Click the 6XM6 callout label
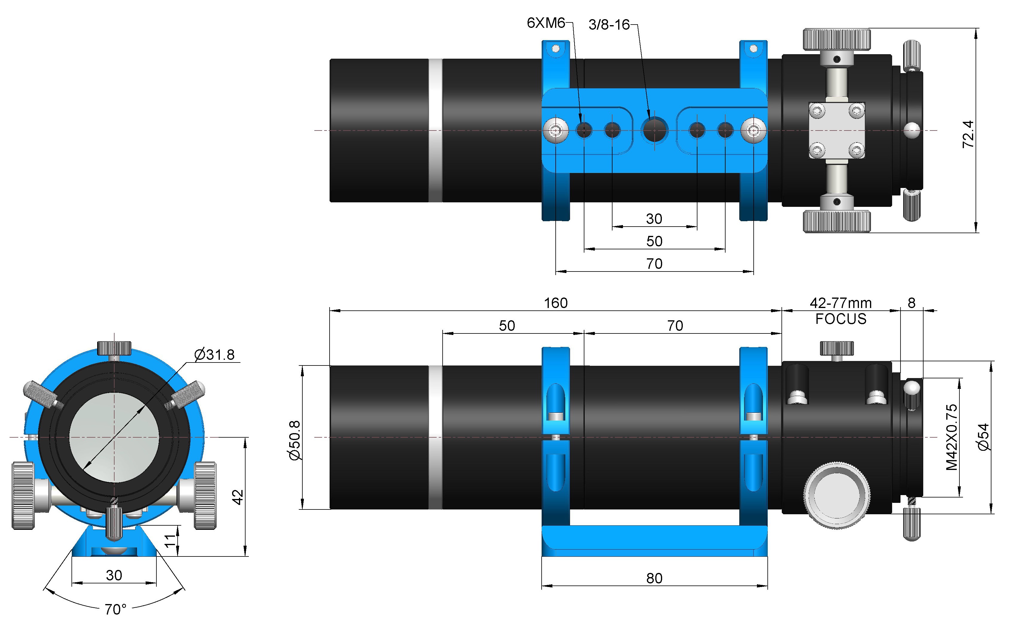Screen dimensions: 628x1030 pos(546,23)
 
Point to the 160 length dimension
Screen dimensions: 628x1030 pos(556,303)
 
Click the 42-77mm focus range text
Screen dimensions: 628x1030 pos(841,303)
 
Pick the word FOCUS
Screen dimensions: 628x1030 pos(841,319)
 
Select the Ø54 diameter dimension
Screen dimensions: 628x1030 pos(984,437)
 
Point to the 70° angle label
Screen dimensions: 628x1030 pos(115,609)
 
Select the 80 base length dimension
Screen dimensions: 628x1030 pos(654,578)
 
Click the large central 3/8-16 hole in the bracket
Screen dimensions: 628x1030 pos(655,130)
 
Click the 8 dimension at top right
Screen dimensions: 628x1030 pos(911,303)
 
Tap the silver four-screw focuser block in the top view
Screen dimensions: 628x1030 pos(837,131)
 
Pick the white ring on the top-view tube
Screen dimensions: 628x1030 pos(435,131)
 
